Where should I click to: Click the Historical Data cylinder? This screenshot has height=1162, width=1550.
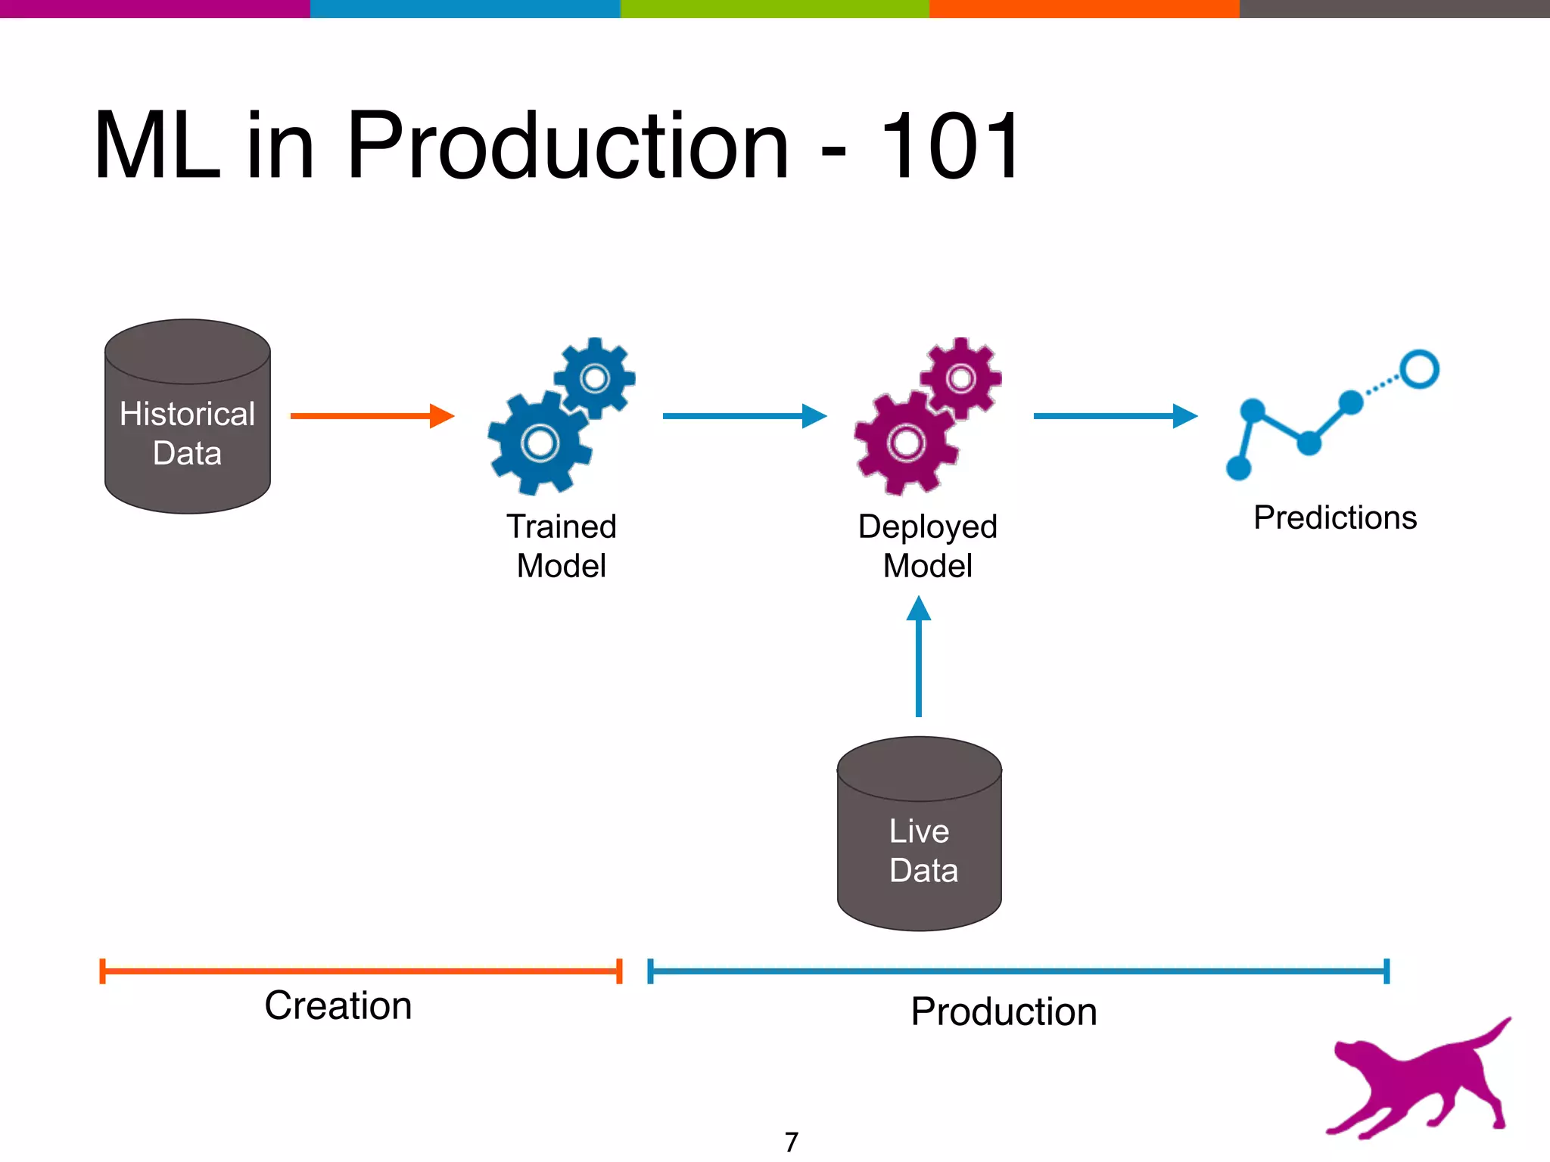click(x=187, y=417)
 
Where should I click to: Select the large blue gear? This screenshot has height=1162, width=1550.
click(x=540, y=443)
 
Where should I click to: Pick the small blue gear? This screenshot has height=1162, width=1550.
click(x=595, y=377)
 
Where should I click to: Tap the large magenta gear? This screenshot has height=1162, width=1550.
click(x=906, y=443)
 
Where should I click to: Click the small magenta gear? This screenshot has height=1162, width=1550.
click(x=961, y=377)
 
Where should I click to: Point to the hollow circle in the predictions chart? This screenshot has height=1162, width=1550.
click(x=1419, y=369)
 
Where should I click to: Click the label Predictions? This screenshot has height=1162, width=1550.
click(x=1334, y=518)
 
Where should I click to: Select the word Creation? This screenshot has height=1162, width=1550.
click(x=338, y=1005)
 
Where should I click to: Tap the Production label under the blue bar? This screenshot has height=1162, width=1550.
click(x=1004, y=1011)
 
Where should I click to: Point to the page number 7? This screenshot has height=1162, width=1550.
click(x=792, y=1142)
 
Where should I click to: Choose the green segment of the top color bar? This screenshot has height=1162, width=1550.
click(x=774, y=8)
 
